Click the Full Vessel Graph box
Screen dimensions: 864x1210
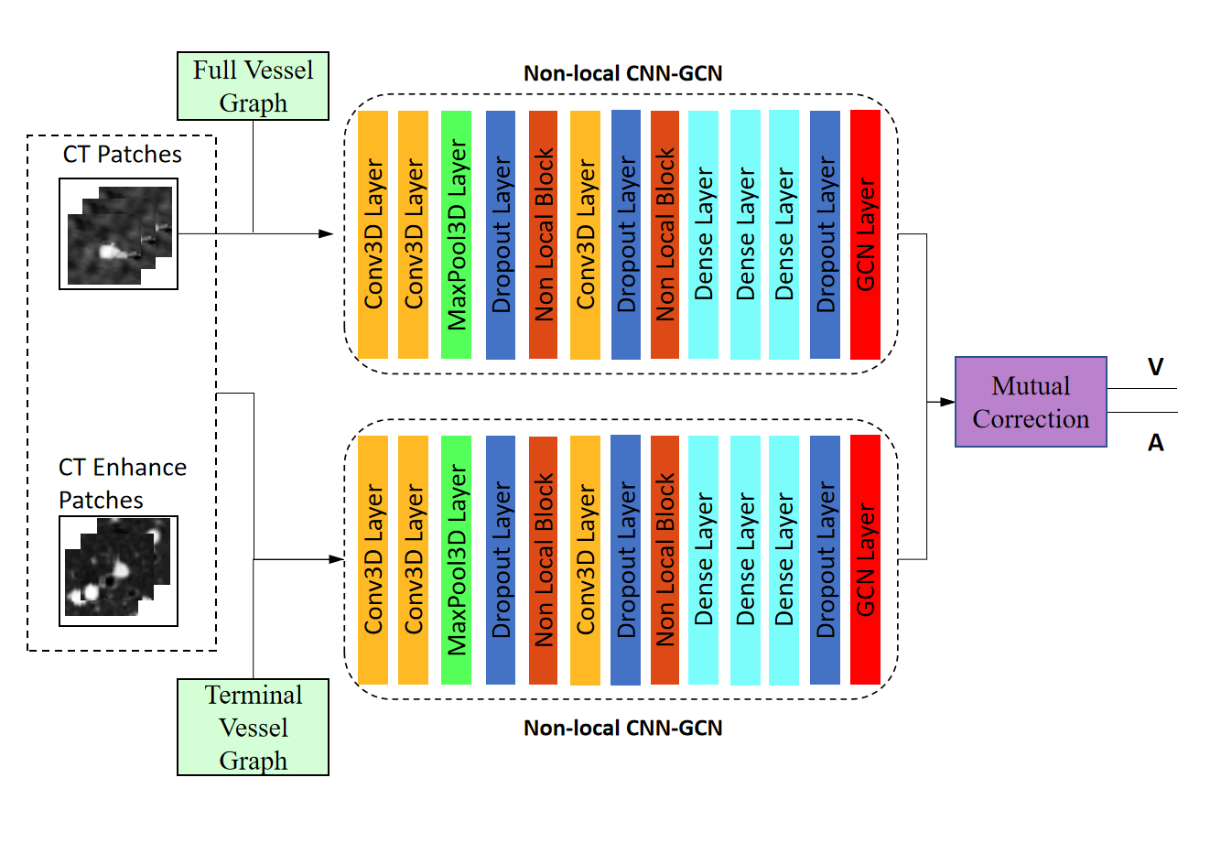pos(253,86)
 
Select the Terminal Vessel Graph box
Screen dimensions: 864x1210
pos(253,728)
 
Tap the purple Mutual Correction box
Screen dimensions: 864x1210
pos(1031,402)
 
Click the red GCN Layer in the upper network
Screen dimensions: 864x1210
pos(865,234)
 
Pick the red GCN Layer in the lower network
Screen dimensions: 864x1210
pos(865,559)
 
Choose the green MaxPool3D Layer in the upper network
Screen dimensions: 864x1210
pos(456,234)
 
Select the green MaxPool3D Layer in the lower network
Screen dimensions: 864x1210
pos(456,559)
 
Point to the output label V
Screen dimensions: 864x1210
pos(1155,367)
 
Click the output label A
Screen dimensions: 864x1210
pos(1155,443)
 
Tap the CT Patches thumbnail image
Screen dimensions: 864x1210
pos(119,234)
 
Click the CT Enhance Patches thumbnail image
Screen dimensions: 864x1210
pos(119,571)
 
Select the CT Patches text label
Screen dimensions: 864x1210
pos(122,155)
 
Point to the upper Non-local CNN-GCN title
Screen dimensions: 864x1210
pos(622,73)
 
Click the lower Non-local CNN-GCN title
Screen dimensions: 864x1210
pos(622,729)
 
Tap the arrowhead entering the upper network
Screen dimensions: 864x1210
pos(326,234)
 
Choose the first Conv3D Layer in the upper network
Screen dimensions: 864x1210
pos(373,234)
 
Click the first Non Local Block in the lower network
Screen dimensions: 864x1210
pos(544,559)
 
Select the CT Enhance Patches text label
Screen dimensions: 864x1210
pos(122,483)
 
